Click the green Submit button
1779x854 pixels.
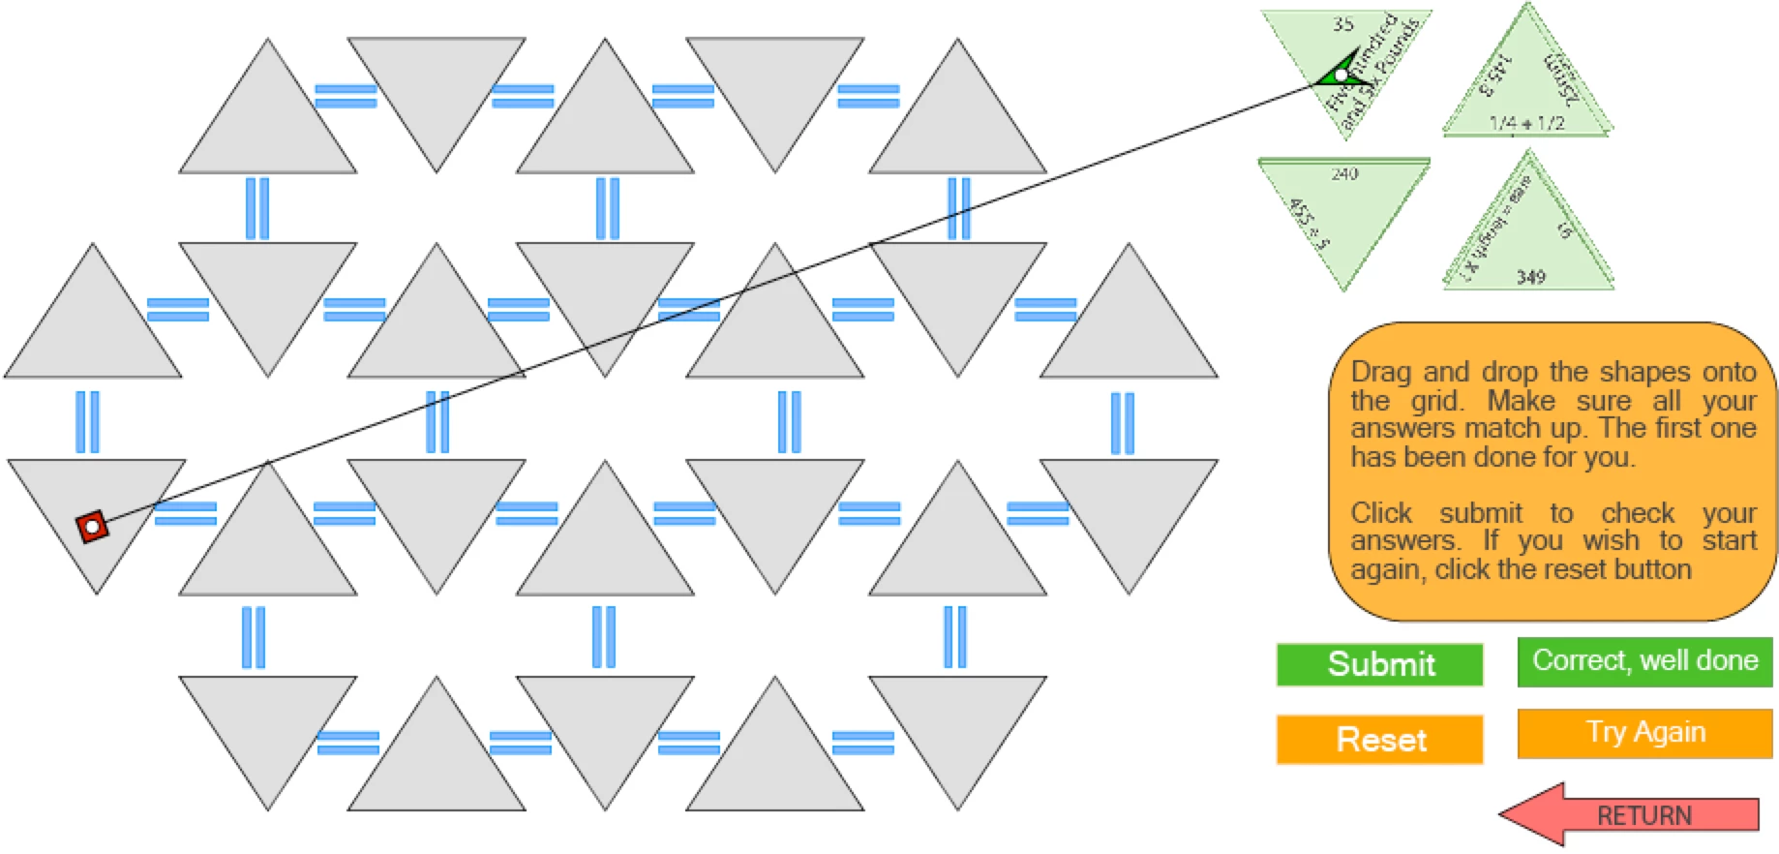[x=1379, y=664]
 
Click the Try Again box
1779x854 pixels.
[x=1644, y=733]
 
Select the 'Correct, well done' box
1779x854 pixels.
[x=1644, y=661]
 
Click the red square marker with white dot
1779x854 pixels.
[x=92, y=527]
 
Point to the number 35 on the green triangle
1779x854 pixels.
[x=1342, y=24]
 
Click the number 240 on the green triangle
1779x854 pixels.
[x=1344, y=174]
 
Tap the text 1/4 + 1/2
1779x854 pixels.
[x=1526, y=123]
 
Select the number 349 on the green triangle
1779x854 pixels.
[x=1530, y=277]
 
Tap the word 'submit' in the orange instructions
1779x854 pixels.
[x=1480, y=513]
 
